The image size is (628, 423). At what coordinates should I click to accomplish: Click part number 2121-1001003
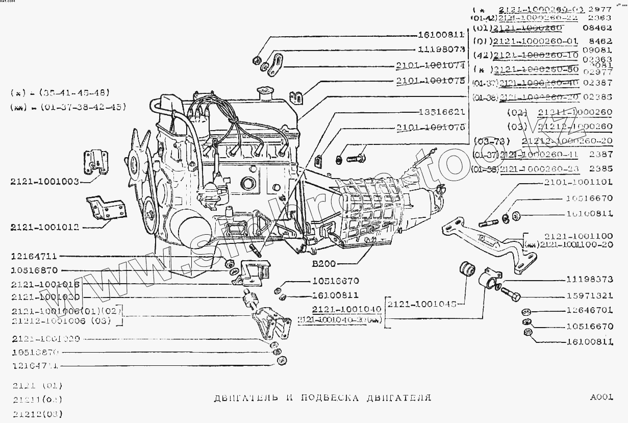click(x=43, y=182)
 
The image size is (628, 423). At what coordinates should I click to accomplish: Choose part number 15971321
click(x=589, y=296)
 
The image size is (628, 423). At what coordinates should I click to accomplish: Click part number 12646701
click(x=589, y=310)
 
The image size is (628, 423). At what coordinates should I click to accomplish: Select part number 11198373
click(x=589, y=280)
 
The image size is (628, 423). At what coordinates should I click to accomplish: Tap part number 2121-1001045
click(x=422, y=304)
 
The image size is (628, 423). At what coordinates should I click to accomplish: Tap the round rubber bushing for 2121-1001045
click(x=467, y=271)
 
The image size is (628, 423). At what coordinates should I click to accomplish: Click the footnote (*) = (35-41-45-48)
click(x=60, y=93)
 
